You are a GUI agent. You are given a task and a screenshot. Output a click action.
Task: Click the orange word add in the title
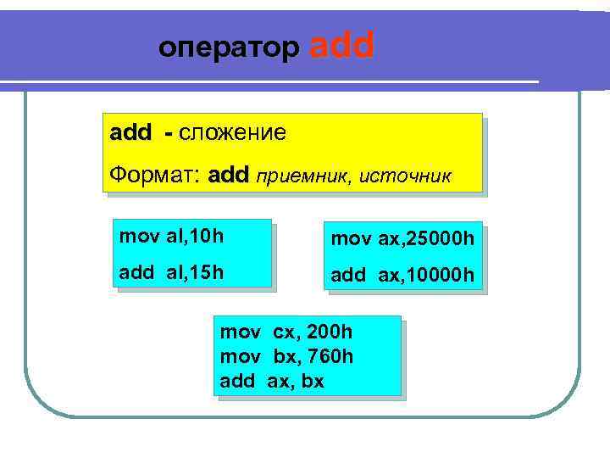(x=342, y=47)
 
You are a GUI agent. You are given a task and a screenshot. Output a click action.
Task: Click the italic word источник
(x=406, y=177)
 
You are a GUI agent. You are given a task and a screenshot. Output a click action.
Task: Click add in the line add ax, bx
(x=237, y=381)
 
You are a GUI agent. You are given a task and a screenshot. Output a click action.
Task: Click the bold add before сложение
(x=130, y=134)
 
